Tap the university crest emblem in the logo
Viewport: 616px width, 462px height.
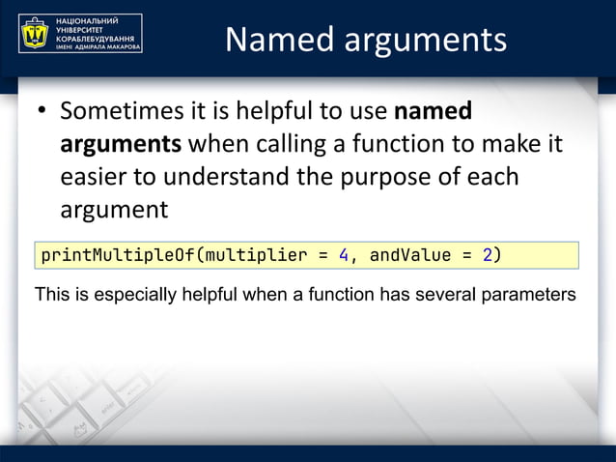(x=37, y=34)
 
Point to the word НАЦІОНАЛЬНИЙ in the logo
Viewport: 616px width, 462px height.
(x=87, y=20)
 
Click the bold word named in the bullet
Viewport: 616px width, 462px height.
(x=434, y=112)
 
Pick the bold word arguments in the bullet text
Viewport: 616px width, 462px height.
(x=121, y=145)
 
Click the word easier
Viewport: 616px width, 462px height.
(x=98, y=178)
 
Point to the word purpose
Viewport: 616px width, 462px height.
(x=414, y=178)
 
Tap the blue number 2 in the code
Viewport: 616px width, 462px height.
(x=488, y=255)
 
